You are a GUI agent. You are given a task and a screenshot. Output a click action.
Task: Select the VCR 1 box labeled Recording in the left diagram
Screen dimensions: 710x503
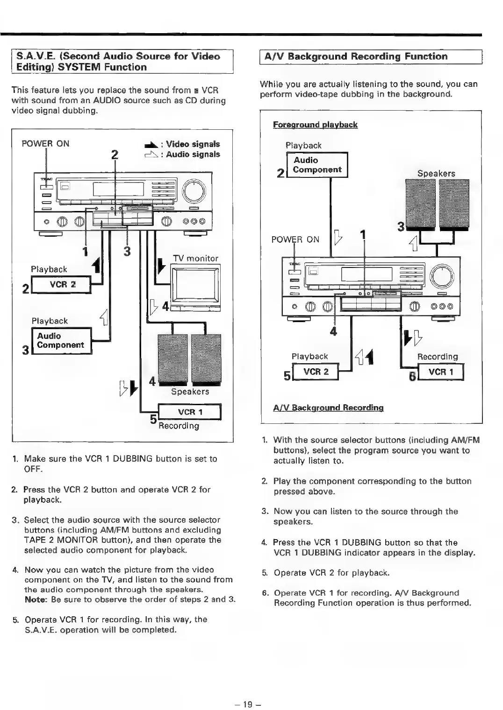pyautogui.click(x=190, y=412)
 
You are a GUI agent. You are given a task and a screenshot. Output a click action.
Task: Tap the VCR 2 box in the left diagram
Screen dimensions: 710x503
pyautogui.click(x=62, y=285)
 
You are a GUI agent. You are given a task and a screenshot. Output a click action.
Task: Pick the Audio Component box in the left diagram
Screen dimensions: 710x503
pyautogui.click(x=61, y=341)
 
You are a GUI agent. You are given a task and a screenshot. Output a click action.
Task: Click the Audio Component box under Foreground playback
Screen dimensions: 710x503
pyautogui.click(x=317, y=165)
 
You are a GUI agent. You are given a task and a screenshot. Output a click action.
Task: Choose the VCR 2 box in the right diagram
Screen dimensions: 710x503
pyautogui.click(x=316, y=372)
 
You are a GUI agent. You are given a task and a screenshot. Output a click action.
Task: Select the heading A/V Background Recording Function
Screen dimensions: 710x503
pyautogui.click(x=356, y=56)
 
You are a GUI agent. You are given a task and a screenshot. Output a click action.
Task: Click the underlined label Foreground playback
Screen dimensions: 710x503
pyautogui.click(x=315, y=125)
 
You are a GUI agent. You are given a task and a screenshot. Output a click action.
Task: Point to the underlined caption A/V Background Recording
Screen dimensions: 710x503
pyautogui.click(x=328, y=408)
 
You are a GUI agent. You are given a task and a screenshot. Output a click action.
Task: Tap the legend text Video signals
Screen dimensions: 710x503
pyautogui.click(x=193, y=144)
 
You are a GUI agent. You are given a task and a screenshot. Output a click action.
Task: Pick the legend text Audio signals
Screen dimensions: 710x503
pyautogui.click(x=193, y=155)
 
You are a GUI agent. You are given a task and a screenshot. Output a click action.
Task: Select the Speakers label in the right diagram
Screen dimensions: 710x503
pyautogui.click(x=436, y=174)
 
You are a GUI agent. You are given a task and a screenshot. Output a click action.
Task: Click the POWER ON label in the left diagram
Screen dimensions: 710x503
pyautogui.click(x=45, y=143)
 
